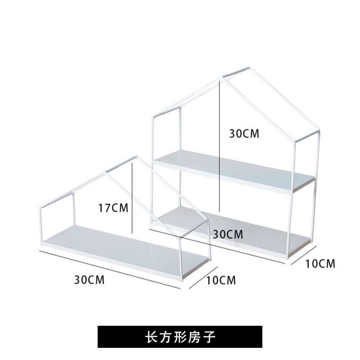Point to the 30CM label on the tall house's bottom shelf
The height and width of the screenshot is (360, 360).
[228, 234]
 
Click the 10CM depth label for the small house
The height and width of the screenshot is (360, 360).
[221, 281]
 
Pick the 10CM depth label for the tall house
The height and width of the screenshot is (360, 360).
[320, 263]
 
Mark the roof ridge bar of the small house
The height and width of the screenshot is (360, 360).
[120, 164]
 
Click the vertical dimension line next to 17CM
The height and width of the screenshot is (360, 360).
[133, 198]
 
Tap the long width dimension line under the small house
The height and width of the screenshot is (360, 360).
[110, 271]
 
